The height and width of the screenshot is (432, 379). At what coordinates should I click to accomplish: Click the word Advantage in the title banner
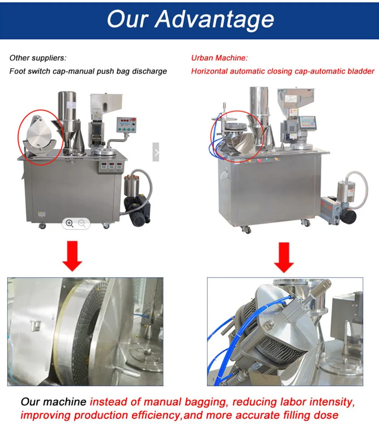(215, 20)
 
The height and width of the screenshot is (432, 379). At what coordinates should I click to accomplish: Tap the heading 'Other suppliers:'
(38, 58)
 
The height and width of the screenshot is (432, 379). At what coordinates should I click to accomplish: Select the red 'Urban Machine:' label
(220, 58)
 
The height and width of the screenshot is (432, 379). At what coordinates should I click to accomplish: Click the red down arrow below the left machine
(72, 256)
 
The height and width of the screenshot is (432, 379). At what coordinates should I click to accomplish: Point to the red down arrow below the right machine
(284, 257)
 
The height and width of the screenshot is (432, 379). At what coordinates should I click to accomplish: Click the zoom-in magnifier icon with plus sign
(69, 224)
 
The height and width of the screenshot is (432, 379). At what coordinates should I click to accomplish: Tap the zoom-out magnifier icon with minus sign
(82, 224)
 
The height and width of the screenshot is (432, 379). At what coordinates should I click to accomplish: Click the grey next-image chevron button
(156, 152)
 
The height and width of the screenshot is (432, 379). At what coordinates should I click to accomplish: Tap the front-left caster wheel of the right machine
(247, 230)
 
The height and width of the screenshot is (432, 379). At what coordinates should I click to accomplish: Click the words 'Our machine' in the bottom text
(54, 402)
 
